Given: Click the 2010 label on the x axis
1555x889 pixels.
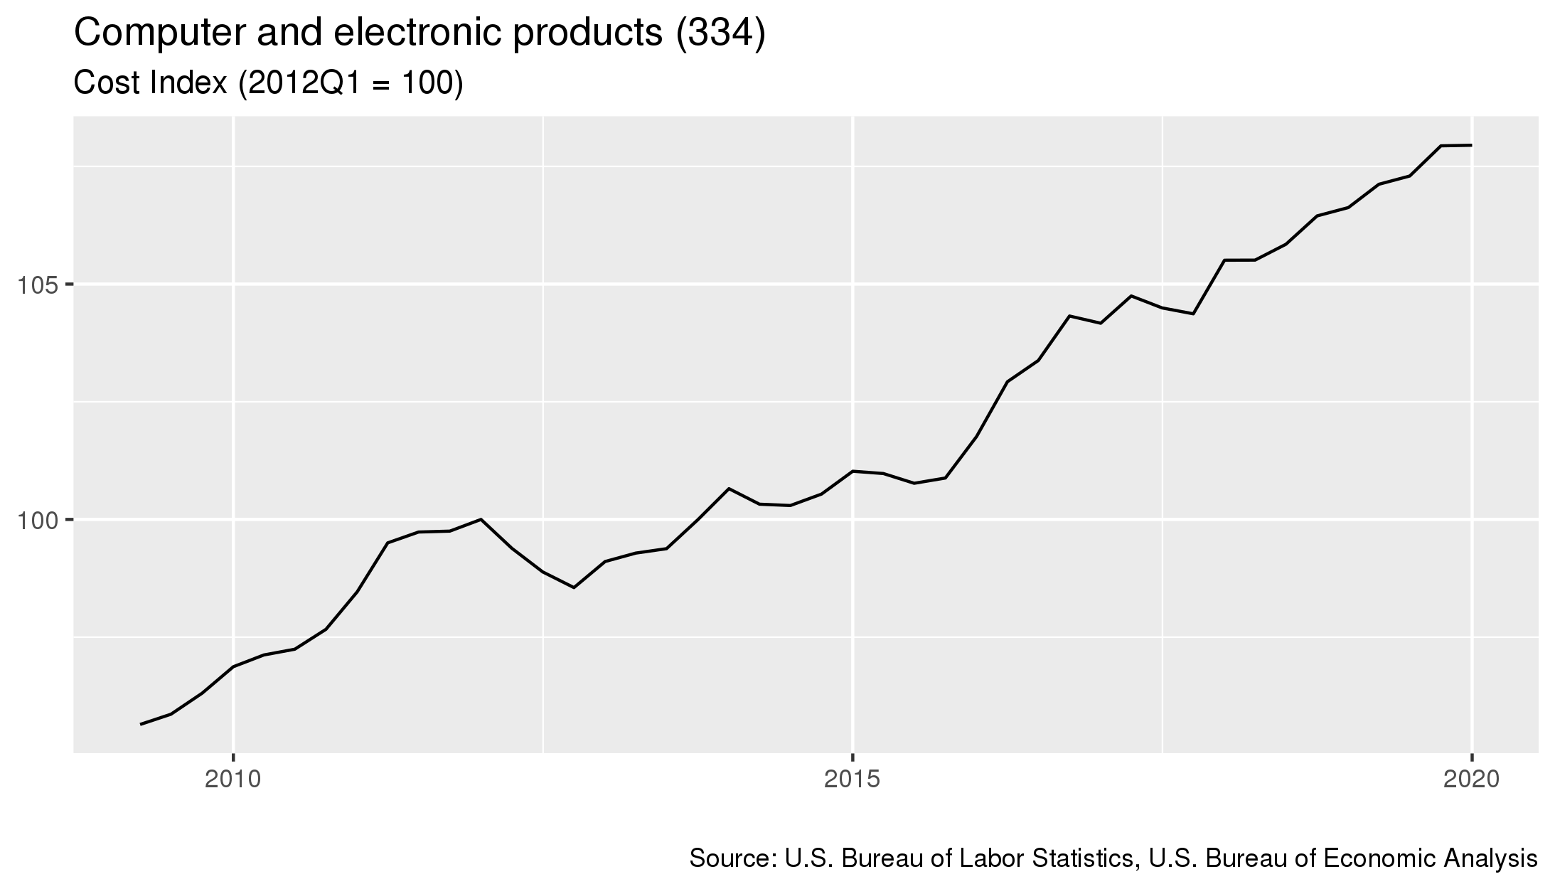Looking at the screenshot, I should [x=233, y=780].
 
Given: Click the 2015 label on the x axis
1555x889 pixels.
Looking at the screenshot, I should [x=853, y=780].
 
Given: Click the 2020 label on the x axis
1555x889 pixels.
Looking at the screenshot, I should [x=1471, y=780].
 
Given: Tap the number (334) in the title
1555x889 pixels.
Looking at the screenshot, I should [x=720, y=34].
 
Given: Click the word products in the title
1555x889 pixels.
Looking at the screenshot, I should [x=587, y=34].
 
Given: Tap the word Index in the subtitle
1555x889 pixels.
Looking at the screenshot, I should [x=186, y=83].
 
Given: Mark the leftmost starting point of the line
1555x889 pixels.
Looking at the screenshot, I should [x=141, y=724].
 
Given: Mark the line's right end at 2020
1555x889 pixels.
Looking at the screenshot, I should [x=1471, y=145].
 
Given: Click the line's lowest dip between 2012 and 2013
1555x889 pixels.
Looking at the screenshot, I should [x=574, y=587].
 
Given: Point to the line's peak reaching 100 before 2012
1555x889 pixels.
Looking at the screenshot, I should [x=481, y=519].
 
